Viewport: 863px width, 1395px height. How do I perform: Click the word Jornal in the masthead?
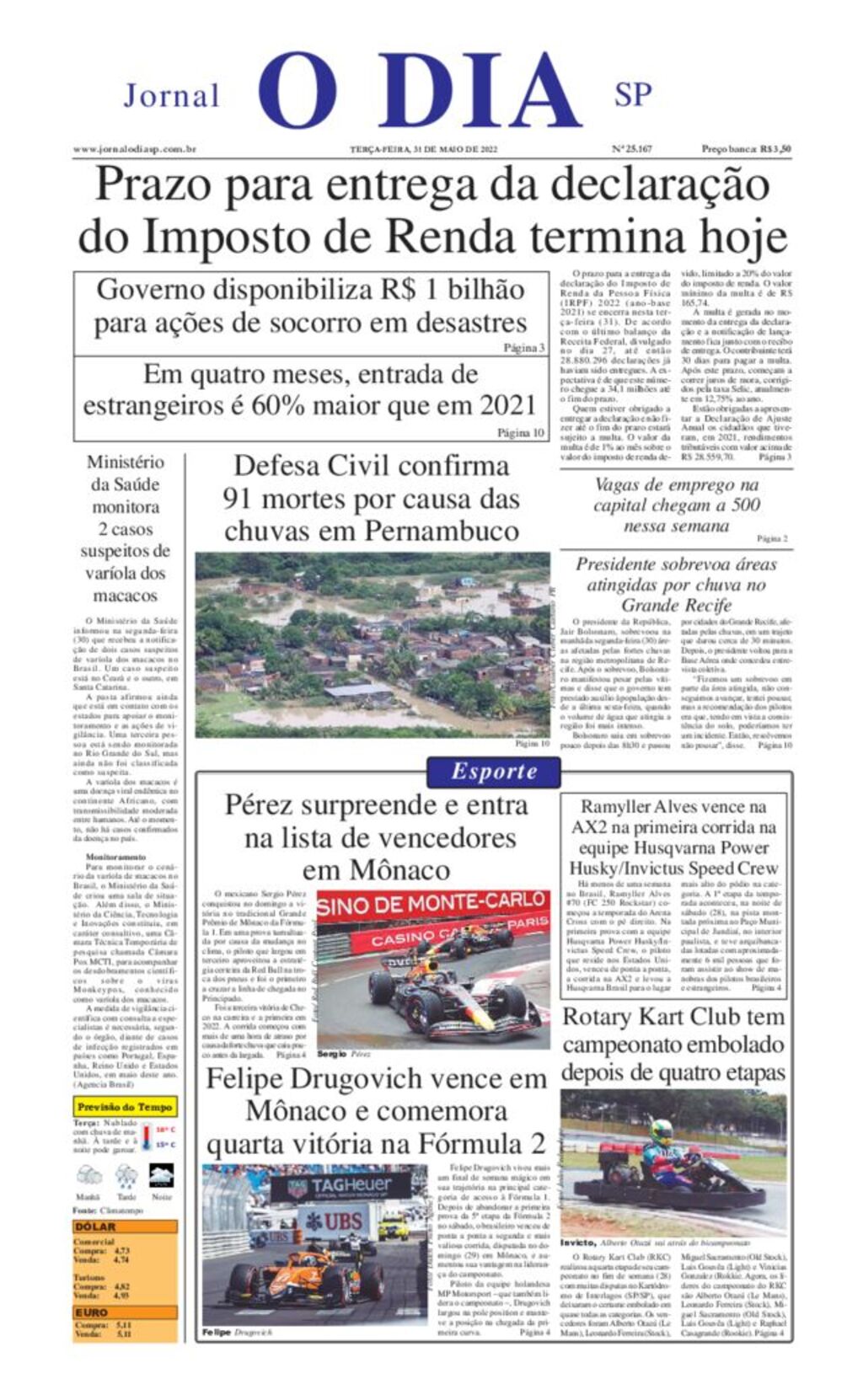pos(171,96)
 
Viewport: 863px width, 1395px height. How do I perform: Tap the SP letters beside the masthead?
pos(633,94)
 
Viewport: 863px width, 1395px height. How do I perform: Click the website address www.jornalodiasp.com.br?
pos(135,149)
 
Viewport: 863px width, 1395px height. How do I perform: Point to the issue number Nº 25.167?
pos(631,149)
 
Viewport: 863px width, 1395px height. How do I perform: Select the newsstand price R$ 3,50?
pos(746,149)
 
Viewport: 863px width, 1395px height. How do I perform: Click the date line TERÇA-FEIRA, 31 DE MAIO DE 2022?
pos(425,149)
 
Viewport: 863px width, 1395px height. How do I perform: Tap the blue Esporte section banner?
pos(494,771)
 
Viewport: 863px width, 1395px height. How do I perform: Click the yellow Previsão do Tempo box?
pos(125,1107)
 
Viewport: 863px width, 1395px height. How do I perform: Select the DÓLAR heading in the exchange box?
pos(95,1227)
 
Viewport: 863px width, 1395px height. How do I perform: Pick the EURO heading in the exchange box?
pos(92,1312)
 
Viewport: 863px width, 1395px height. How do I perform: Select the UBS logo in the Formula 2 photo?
pos(334,1221)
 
